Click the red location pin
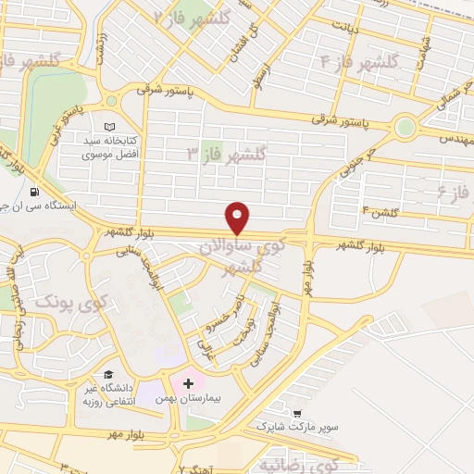pos(238,218)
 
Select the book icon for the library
pos(111,127)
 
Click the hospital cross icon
pos(188,382)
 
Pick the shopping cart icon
pos(296,414)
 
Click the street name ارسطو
pos(264,73)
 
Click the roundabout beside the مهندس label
pos(405,128)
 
